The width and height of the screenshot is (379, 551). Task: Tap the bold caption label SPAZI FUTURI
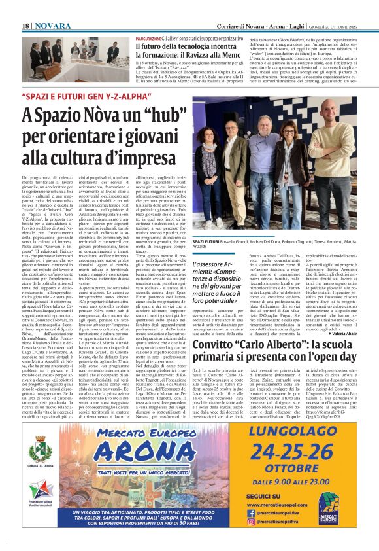click(x=207, y=241)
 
